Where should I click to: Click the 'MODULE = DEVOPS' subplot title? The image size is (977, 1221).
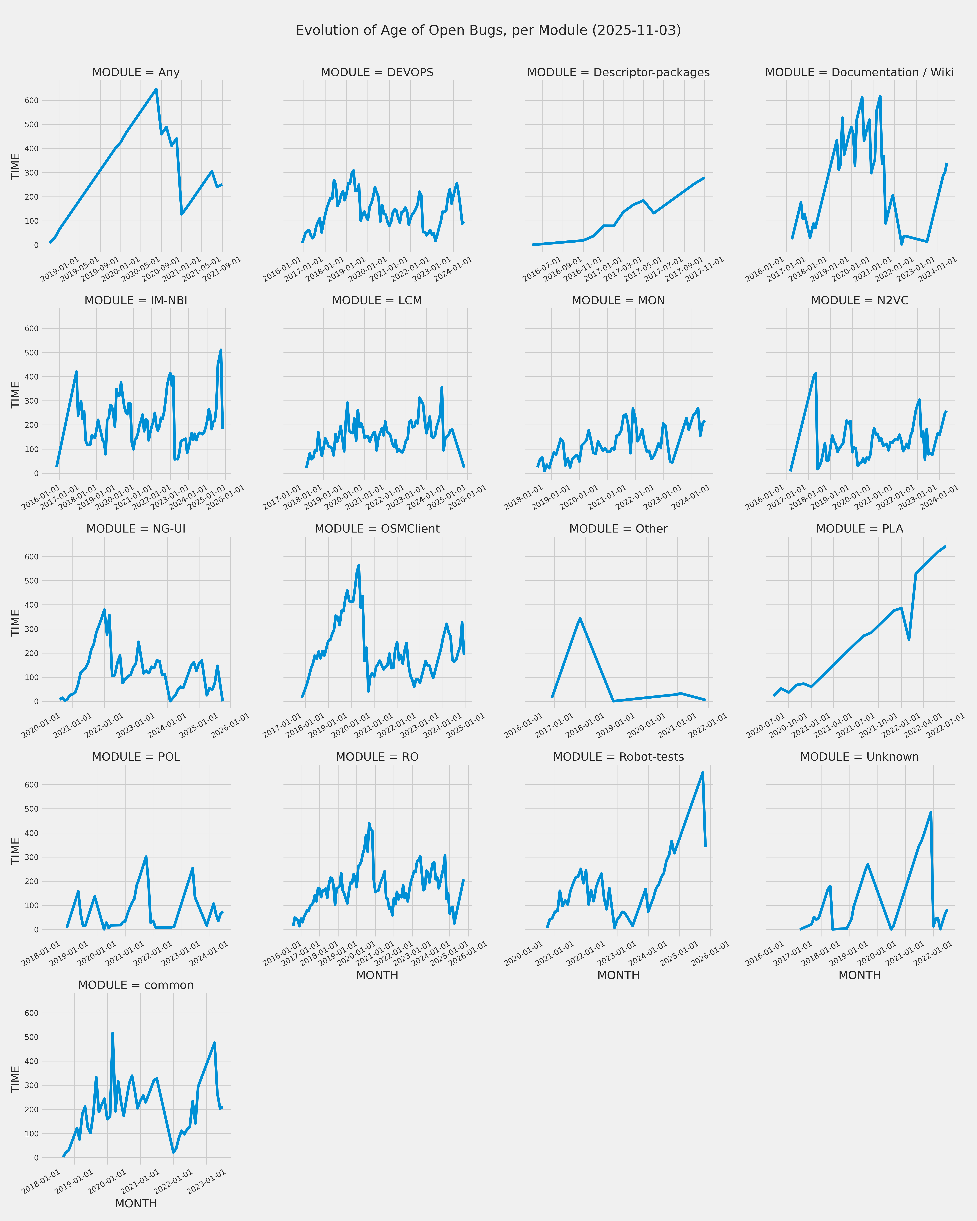pyautogui.click(x=377, y=72)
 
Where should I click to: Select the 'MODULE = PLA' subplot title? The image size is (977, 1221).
pyautogui.click(x=859, y=528)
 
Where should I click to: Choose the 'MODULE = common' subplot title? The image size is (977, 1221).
pyautogui.click(x=136, y=985)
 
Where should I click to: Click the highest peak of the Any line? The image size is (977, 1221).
pyautogui.click(x=156, y=89)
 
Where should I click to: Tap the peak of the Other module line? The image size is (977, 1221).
pyautogui.click(x=580, y=618)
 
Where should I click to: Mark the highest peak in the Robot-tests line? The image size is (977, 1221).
pyautogui.click(x=703, y=772)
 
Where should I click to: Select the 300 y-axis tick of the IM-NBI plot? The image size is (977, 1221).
pyautogui.click(x=32, y=401)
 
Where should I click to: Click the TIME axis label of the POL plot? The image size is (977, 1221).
pyautogui.click(x=16, y=851)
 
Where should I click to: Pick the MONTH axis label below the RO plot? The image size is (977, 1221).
pyautogui.click(x=377, y=975)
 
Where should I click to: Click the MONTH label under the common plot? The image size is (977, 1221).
pyautogui.click(x=136, y=1203)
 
